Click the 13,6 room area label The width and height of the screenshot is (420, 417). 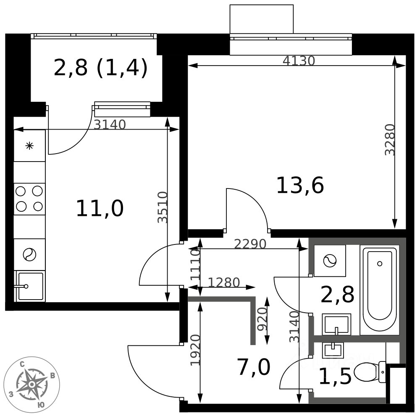(300, 186)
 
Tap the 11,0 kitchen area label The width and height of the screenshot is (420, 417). (100, 209)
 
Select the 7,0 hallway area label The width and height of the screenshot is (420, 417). (254, 367)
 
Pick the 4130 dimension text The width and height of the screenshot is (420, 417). (299, 61)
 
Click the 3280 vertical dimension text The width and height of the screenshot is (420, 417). (390, 140)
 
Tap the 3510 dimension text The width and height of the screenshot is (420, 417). (163, 207)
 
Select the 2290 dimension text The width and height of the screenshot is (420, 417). (250, 244)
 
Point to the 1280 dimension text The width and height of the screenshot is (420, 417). (224, 283)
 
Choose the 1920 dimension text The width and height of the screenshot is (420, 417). (195, 350)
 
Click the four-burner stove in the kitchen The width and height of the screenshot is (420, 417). (29, 199)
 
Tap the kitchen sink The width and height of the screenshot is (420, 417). (30, 286)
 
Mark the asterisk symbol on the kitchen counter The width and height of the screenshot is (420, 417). (29, 146)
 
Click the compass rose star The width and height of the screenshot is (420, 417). (31, 384)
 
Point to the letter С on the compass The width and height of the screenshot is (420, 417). (23, 364)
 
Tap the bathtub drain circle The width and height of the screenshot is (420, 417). (380, 263)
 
